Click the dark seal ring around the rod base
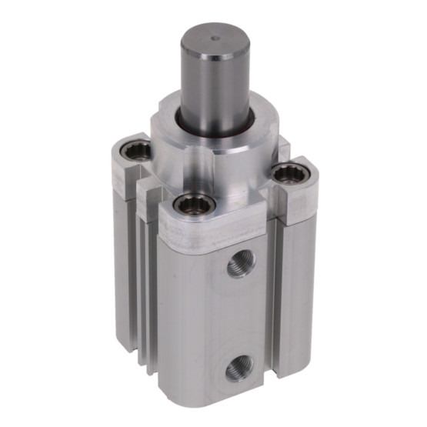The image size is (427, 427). (216, 125)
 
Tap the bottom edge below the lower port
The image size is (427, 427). (231, 404)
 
